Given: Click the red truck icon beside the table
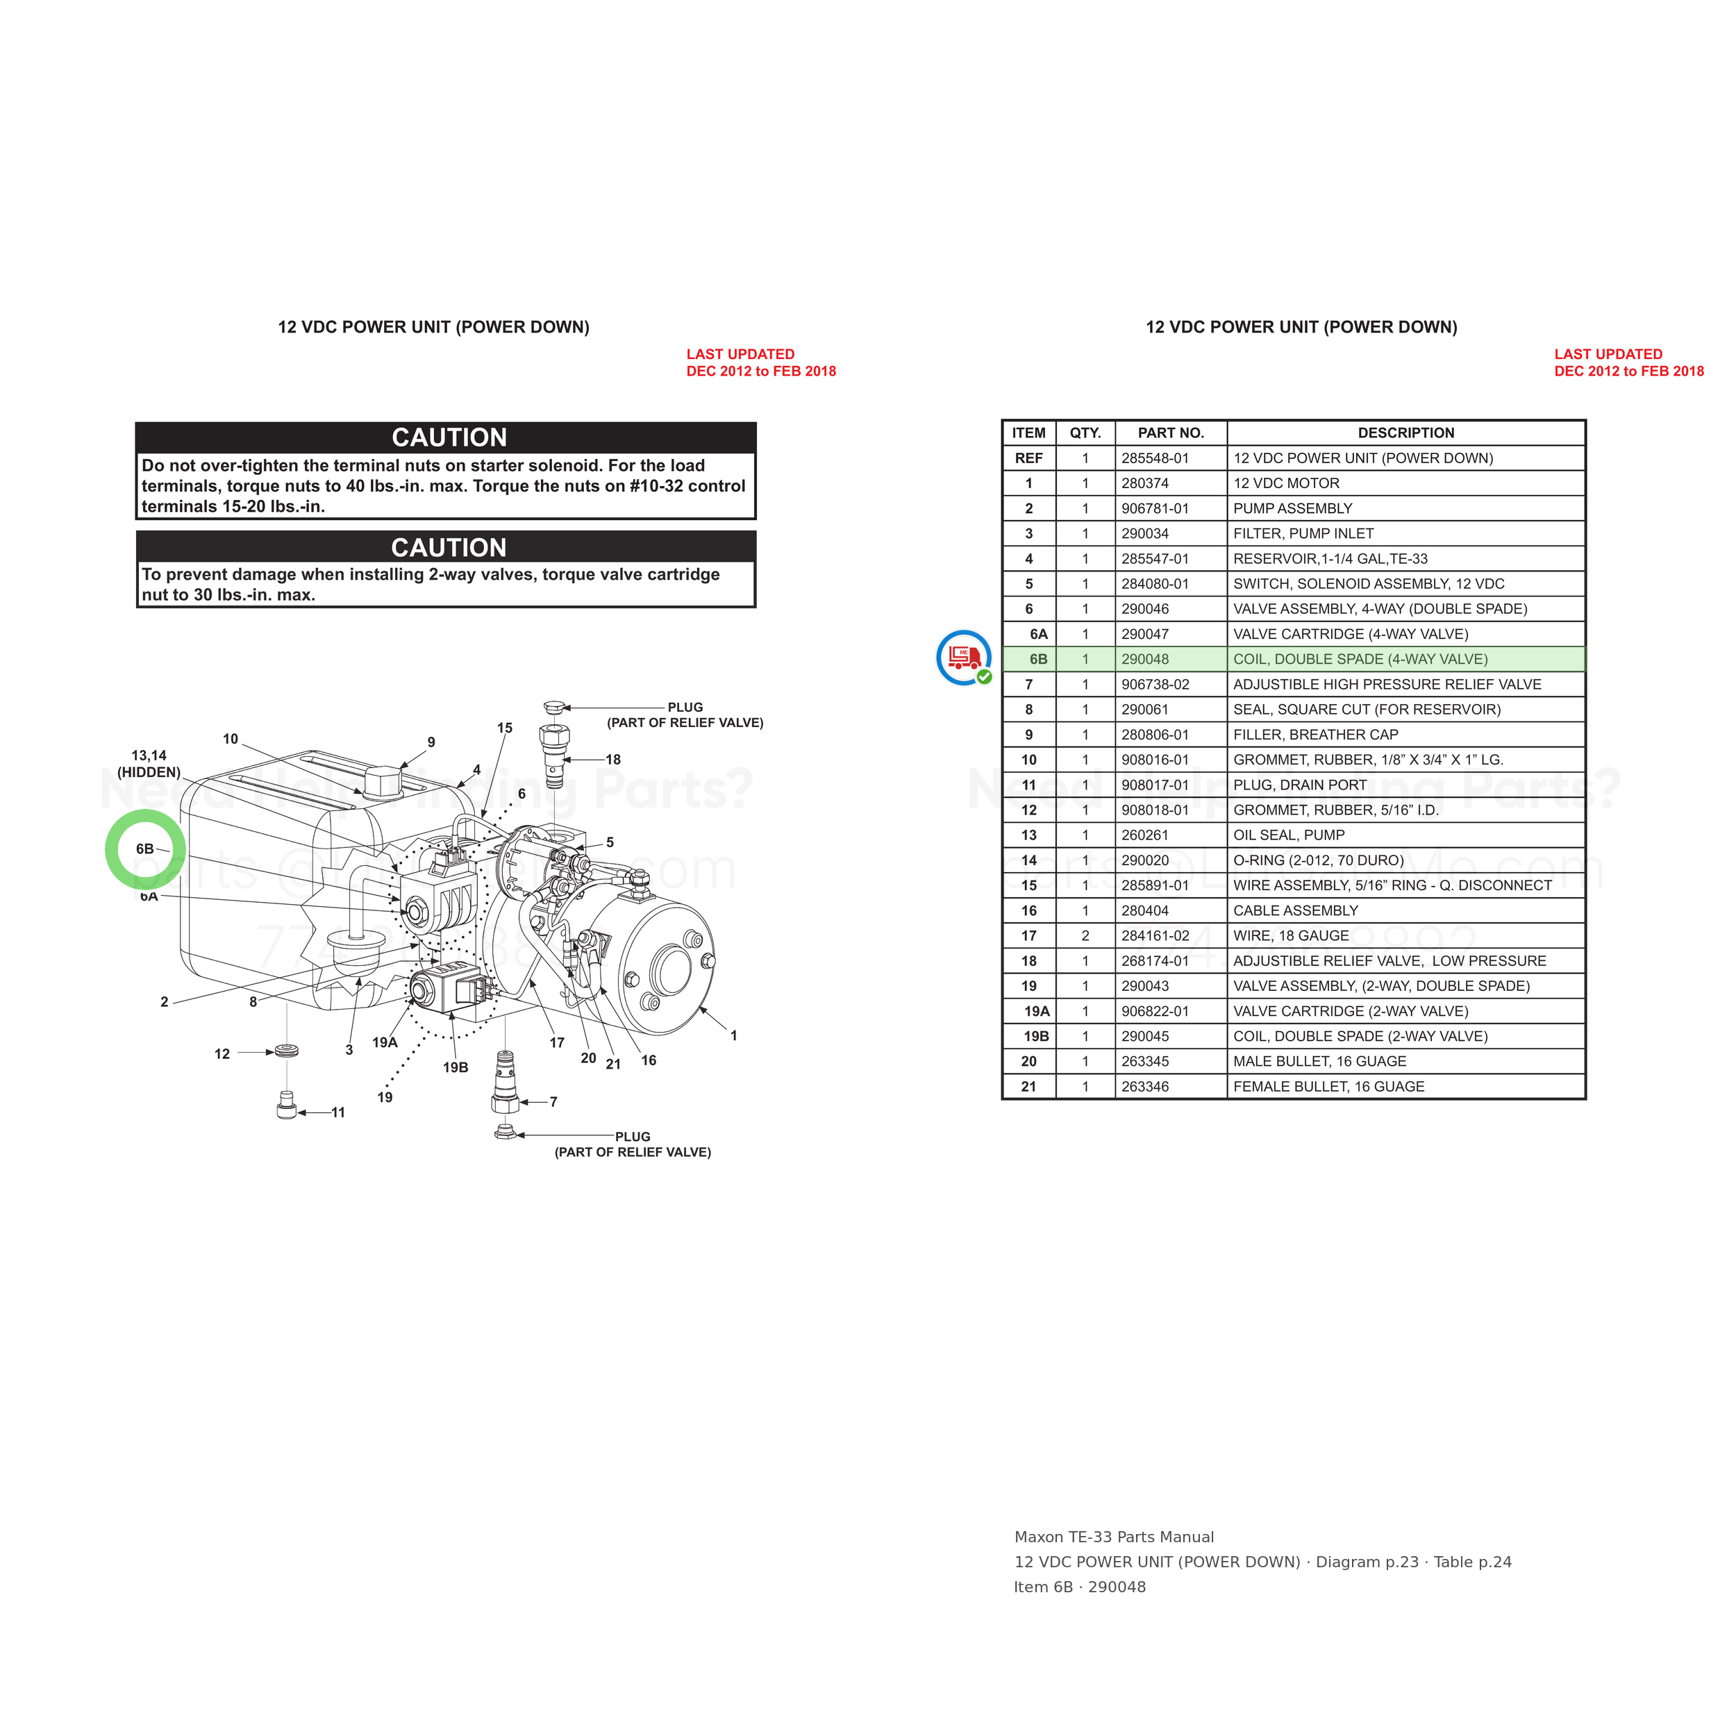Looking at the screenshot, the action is tap(964, 658).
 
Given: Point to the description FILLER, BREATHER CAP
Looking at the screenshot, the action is tap(1315, 735).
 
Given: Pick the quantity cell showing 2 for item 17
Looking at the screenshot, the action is tap(1085, 936).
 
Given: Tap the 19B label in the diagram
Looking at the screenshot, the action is tap(456, 1067).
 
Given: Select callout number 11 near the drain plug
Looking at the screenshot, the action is tap(338, 1112).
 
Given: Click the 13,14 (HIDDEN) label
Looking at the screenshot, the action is tap(149, 765).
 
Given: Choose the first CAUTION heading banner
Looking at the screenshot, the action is tap(446, 437).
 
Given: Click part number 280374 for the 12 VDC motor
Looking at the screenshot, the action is tap(1145, 483).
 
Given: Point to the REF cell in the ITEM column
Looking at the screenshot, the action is tap(1029, 458).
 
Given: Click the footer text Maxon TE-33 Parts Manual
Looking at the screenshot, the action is tap(1115, 1537).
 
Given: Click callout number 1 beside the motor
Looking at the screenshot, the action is tap(733, 1036).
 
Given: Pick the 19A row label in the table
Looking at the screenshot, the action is tap(1037, 1012).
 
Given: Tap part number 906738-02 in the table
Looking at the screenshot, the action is tap(1155, 685).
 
